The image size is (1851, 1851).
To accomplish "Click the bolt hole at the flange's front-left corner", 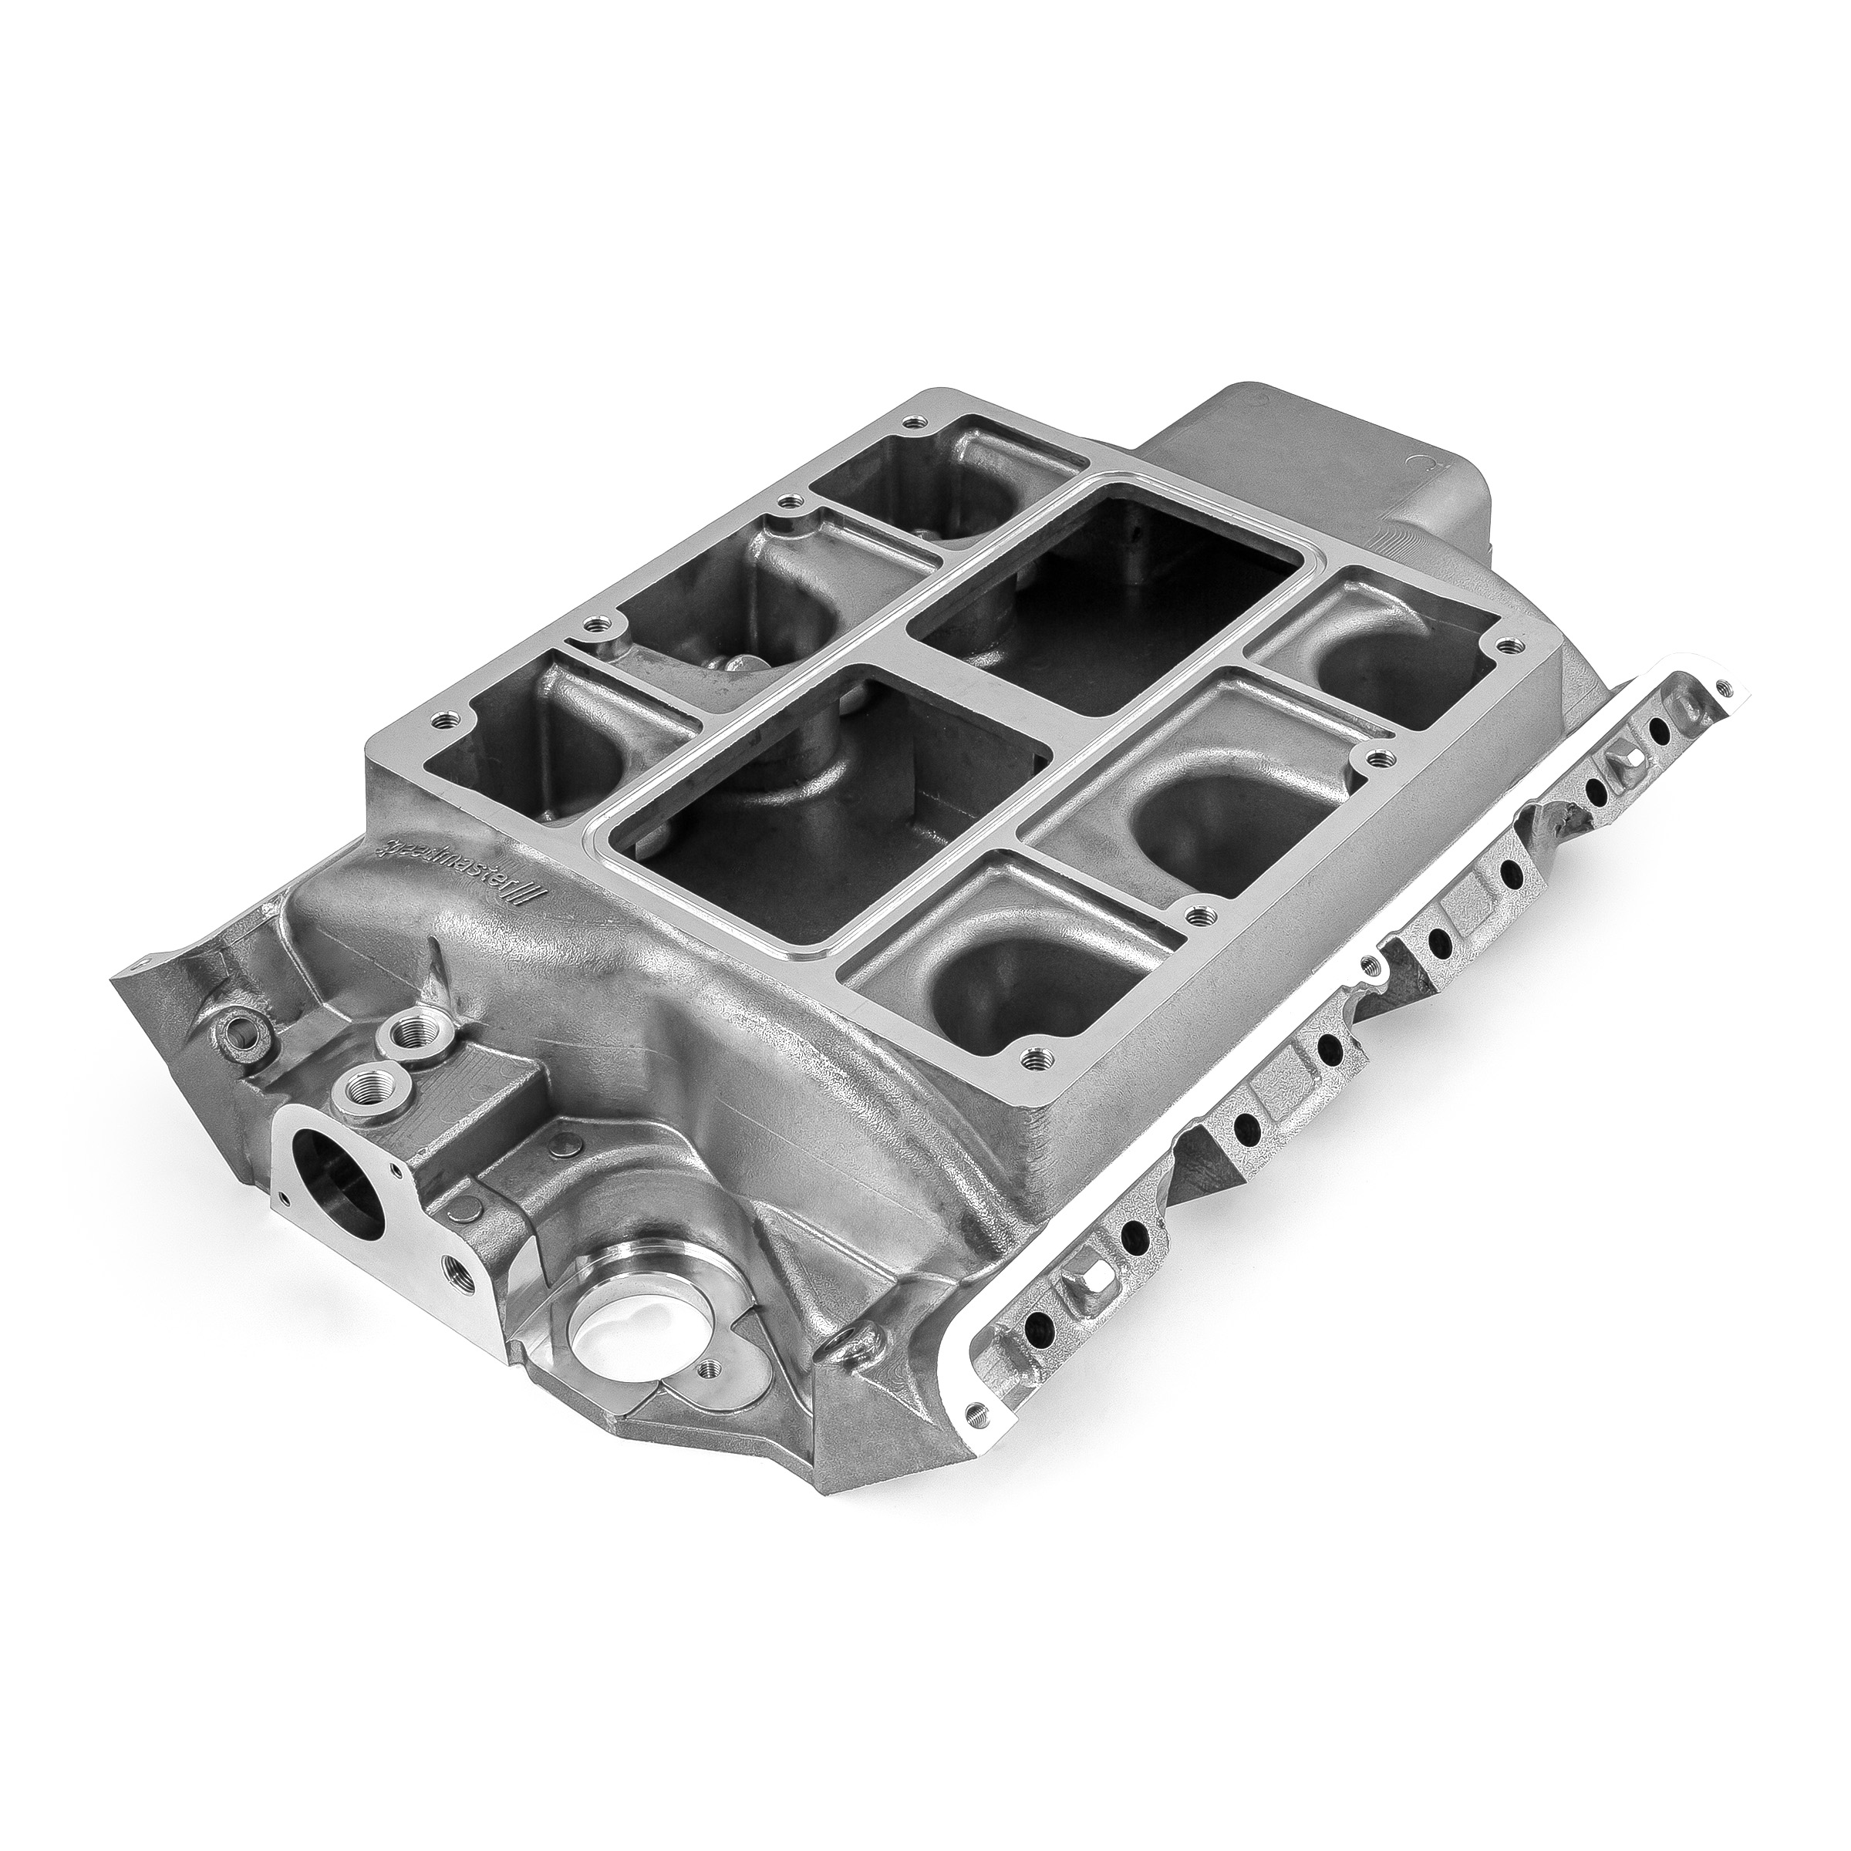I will (442, 717).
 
